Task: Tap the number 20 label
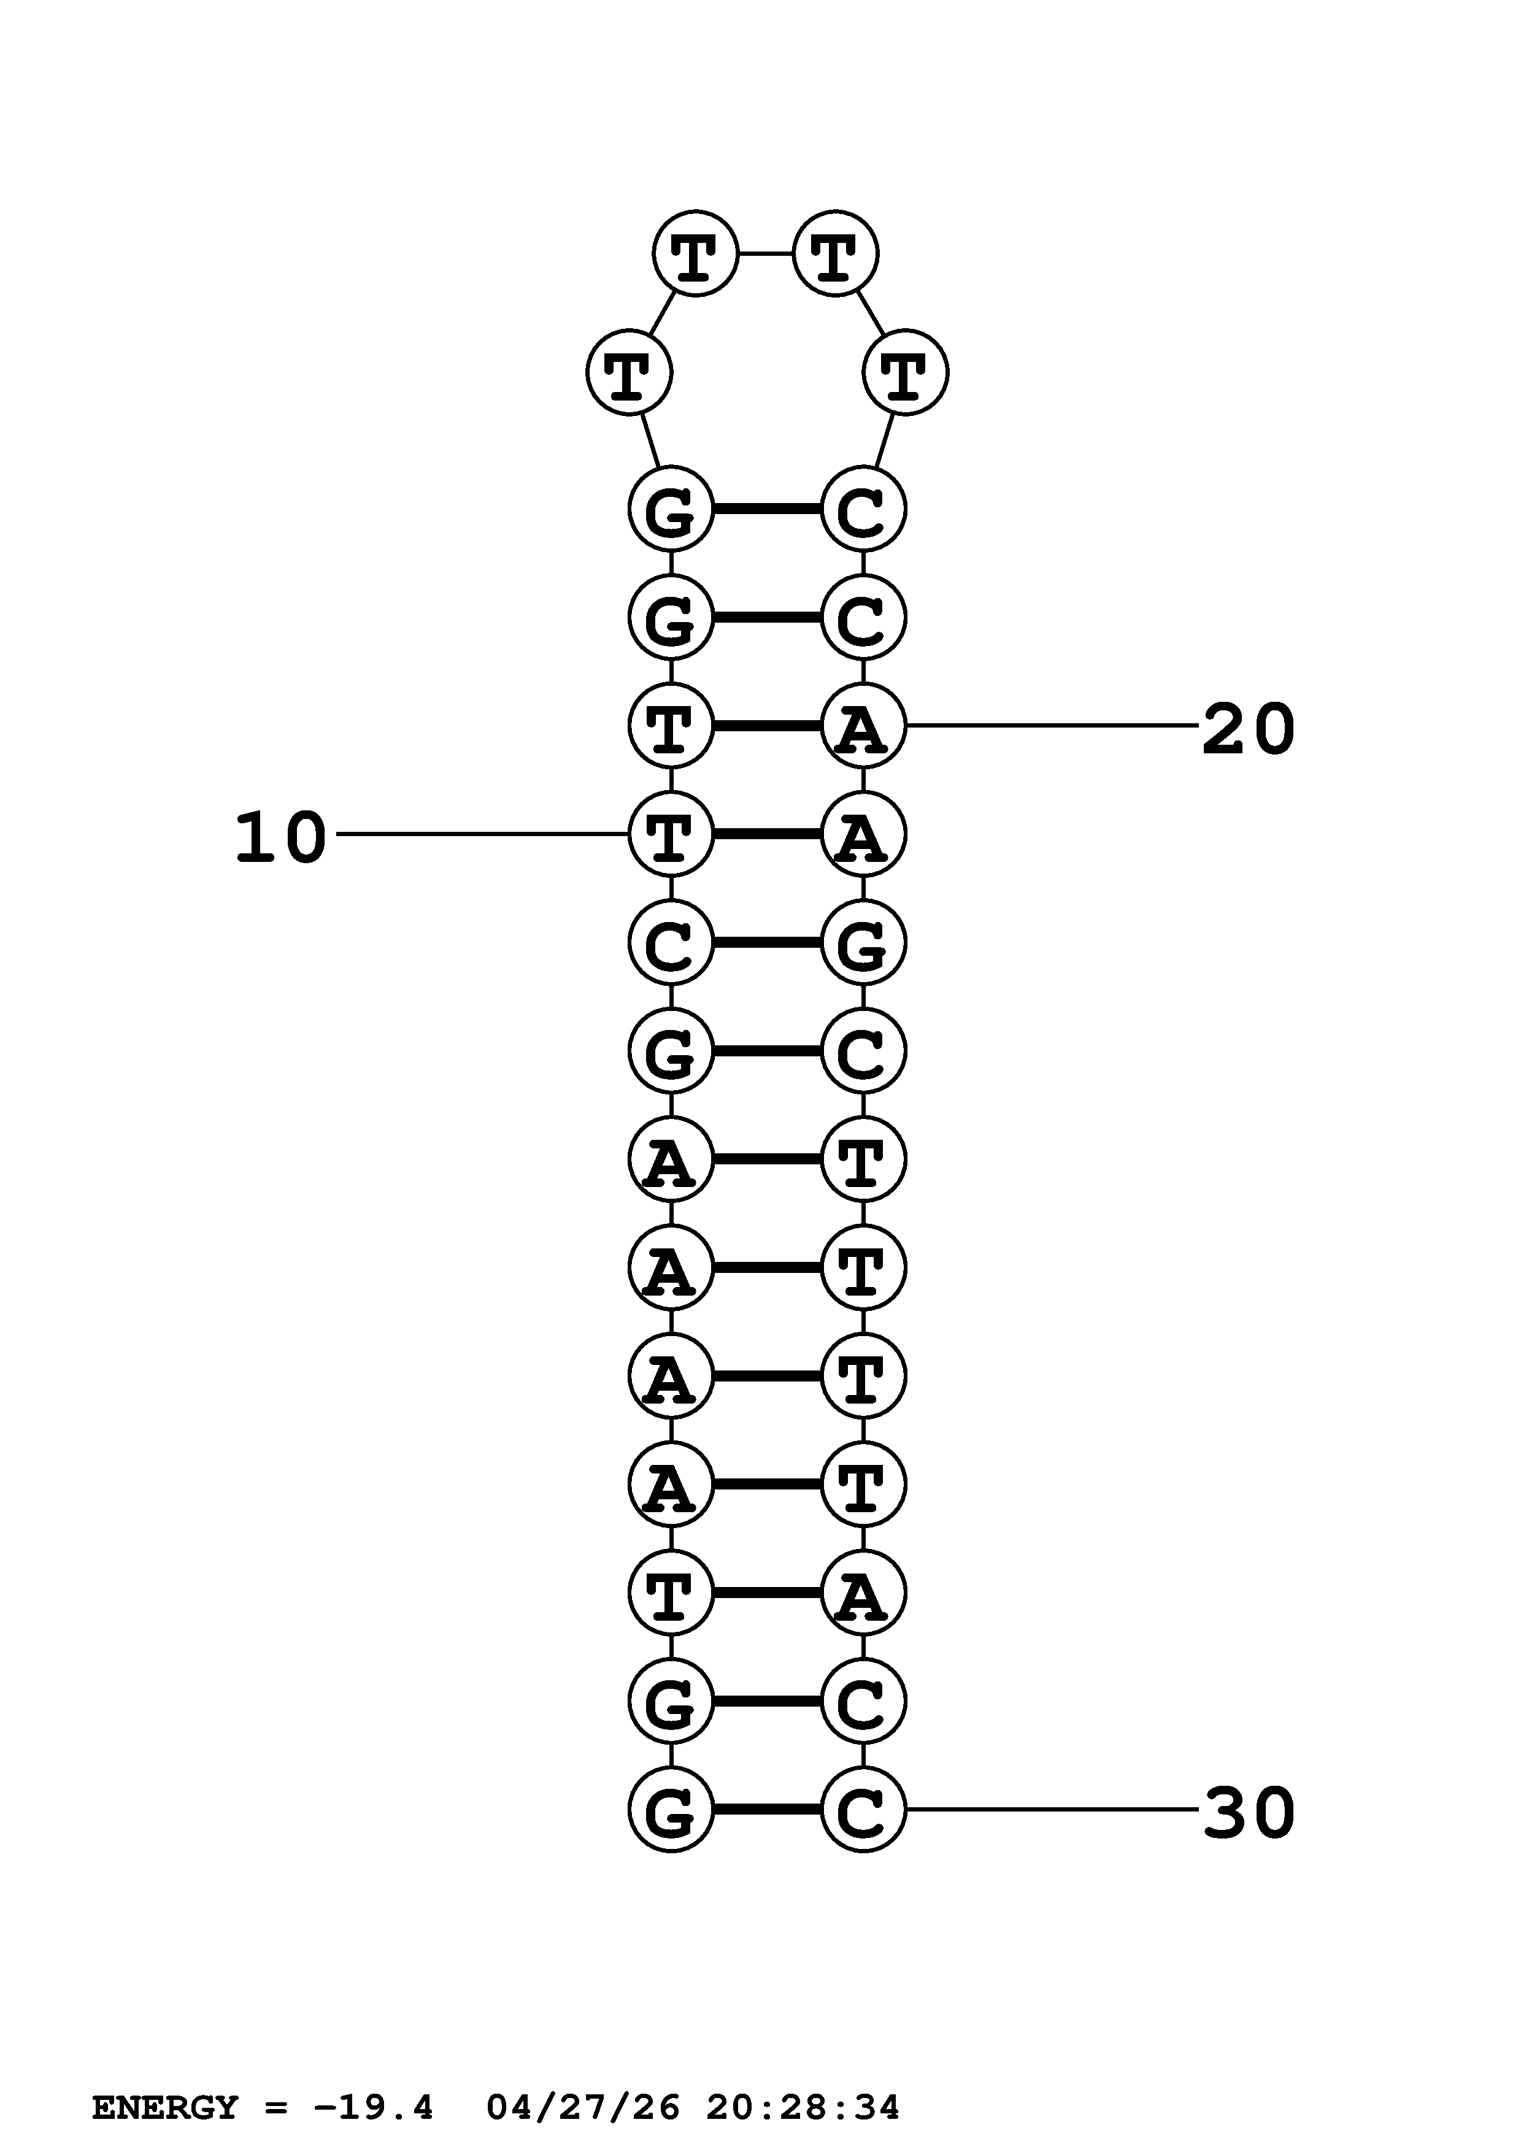click(x=1249, y=730)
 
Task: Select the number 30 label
click(x=1249, y=1813)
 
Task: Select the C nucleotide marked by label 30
click(x=863, y=1809)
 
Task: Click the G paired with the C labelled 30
click(x=670, y=1809)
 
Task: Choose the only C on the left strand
click(x=670, y=942)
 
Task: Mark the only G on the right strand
click(x=863, y=942)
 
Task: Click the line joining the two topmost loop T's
click(x=766, y=253)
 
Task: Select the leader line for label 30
click(x=1050, y=1809)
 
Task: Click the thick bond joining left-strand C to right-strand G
click(x=766, y=942)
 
